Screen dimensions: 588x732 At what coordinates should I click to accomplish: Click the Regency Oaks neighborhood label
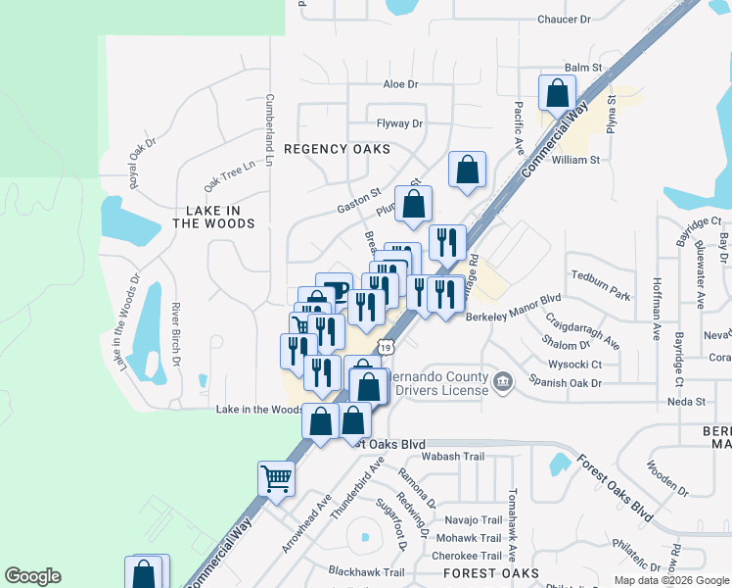[337, 149]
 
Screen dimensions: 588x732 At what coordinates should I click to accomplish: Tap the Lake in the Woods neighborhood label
[213, 217]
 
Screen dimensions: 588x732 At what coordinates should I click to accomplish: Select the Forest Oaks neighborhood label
[491, 572]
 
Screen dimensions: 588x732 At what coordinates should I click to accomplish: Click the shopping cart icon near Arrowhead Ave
[276, 479]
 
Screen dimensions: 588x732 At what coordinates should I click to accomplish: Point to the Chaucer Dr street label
[565, 20]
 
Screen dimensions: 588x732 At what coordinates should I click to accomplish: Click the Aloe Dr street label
[400, 85]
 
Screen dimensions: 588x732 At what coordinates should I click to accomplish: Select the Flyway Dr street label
[399, 123]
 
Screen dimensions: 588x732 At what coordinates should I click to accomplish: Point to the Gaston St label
[358, 202]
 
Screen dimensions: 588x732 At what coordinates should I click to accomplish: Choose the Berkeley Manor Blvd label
[513, 317]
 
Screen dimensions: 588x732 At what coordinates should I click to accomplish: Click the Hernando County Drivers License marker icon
[502, 380]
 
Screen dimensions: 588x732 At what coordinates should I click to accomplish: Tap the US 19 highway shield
[389, 348]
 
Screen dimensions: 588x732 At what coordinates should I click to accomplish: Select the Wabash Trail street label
[452, 457]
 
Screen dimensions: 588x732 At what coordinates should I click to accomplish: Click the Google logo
[32, 576]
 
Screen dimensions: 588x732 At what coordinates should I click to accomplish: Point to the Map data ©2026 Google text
[671, 580]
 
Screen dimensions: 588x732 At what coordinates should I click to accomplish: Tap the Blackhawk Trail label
[366, 572]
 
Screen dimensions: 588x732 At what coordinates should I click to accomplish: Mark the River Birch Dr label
[176, 339]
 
